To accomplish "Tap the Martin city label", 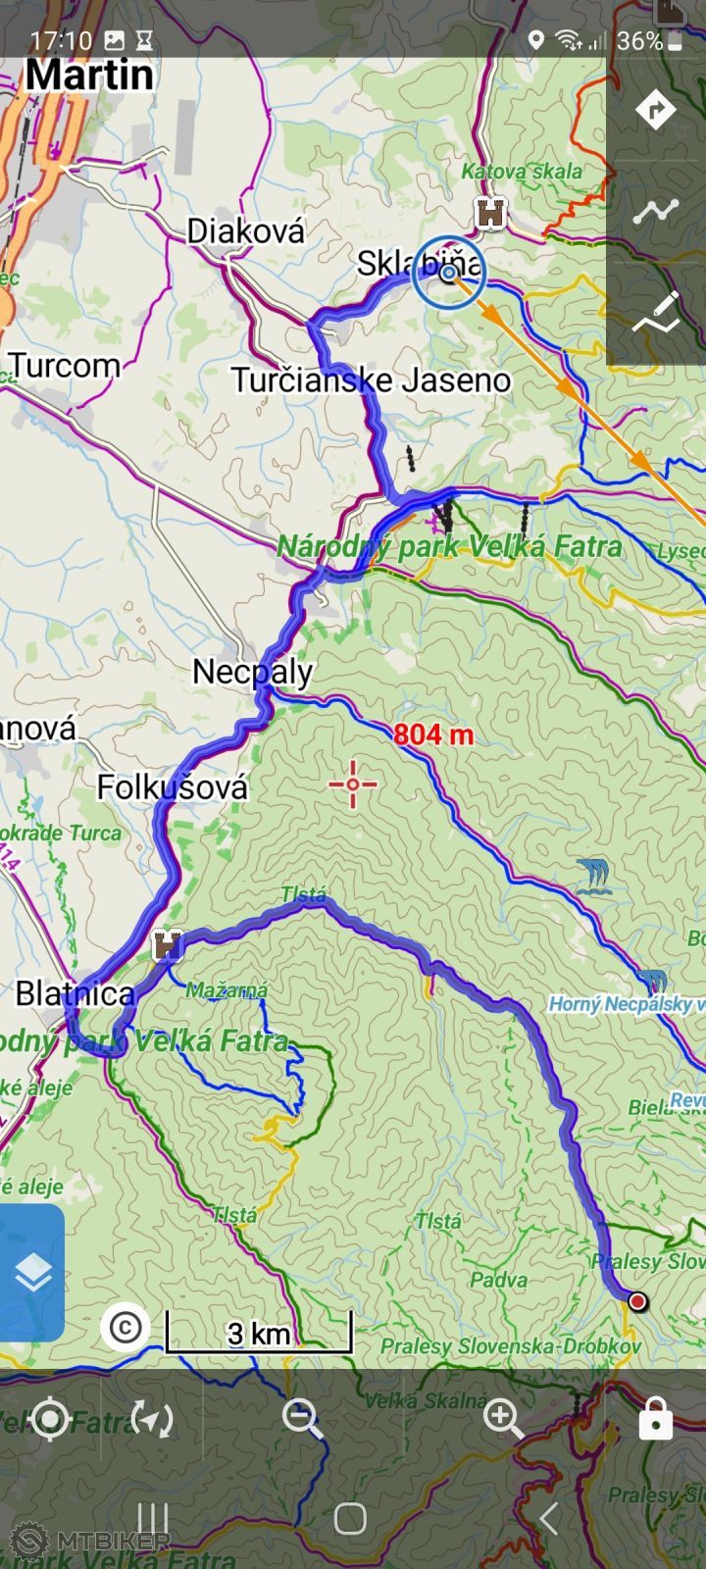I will click(x=89, y=76).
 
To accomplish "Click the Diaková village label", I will click(x=246, y=231).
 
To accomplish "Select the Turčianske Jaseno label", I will click(x=371, y=380).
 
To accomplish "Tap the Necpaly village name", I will click(x=252, y=672).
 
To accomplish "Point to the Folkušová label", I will click(x=173, y=787).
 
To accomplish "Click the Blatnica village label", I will click(x=76, y=993).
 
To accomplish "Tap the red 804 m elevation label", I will click(x=432, y=734).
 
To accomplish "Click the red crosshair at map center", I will click(x=353, y=784).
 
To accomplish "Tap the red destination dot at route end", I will click(x=637, y=1302).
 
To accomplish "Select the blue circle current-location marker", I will click(x=449, y=273).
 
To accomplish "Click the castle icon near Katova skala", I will click(x=490, y=212).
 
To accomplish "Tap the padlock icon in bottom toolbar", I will click(x=655, y=1418).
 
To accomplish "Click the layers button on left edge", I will click(x=32, y=1273).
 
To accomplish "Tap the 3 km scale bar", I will click(x=259, y=1332).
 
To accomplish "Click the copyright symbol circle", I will click(x=125, y=1327).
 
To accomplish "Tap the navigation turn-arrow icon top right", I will click(x=655, y=109).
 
